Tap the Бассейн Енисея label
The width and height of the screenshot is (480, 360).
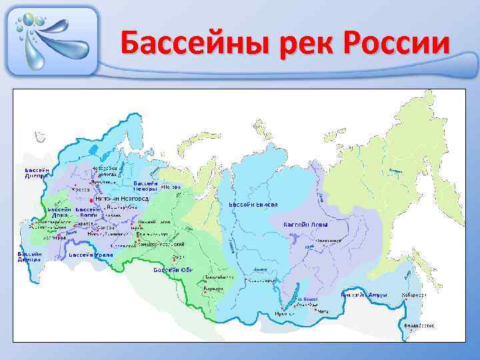(x=253, y=204)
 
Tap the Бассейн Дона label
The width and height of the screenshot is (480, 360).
(x=59, y=213)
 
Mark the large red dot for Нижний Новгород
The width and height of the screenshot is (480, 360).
(x=91, y=199)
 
